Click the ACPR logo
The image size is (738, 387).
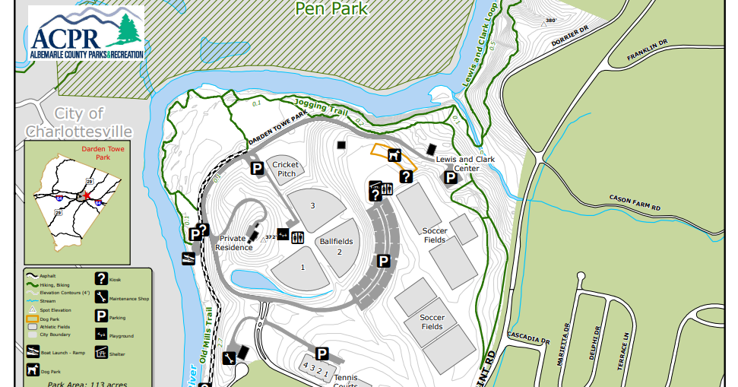coord(86,35)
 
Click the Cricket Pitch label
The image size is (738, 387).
coord(286,169)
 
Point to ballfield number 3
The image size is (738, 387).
coord(312,205)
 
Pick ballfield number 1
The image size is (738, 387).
coord(302,267)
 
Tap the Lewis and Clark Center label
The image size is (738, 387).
coord(465,163)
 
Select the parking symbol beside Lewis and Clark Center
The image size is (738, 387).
coord(451,178)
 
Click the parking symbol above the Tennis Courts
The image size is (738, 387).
coord(321,354)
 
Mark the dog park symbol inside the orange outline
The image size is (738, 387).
coord(394,156)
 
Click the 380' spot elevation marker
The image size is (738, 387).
coord(547,21)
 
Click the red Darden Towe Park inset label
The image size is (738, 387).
coord(96,154)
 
